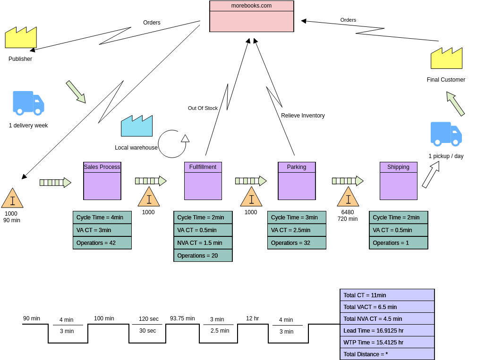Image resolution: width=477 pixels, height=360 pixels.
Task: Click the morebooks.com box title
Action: point(251,6)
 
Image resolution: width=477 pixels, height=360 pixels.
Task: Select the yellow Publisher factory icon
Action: point(21,38)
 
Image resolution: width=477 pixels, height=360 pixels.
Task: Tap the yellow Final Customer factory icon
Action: point(446,59)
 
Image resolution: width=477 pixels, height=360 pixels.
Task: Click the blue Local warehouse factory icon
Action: point(136,126)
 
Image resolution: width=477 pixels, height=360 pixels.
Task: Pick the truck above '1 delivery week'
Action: point(28,103)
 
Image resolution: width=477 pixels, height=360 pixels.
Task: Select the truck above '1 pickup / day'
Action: point(446,134)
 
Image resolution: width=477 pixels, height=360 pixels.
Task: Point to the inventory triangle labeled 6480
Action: point(348,198)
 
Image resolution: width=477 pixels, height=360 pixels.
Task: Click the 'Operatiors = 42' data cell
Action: point(102,243)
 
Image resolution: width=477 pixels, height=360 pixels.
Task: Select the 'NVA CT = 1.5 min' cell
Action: point(203,243)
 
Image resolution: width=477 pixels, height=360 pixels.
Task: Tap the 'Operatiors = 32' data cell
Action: point(297,243)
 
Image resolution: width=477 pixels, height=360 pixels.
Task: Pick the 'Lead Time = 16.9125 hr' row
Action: point(387,330)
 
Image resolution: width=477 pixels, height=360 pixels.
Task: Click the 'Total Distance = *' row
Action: point(387,354)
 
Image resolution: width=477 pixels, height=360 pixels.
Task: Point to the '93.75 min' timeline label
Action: point(182,318)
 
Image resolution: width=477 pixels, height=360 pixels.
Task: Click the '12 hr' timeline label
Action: point(252,318)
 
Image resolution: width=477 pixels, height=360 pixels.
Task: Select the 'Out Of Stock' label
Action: point(203,108)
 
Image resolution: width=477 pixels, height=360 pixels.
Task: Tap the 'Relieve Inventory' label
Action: point(303,116)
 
